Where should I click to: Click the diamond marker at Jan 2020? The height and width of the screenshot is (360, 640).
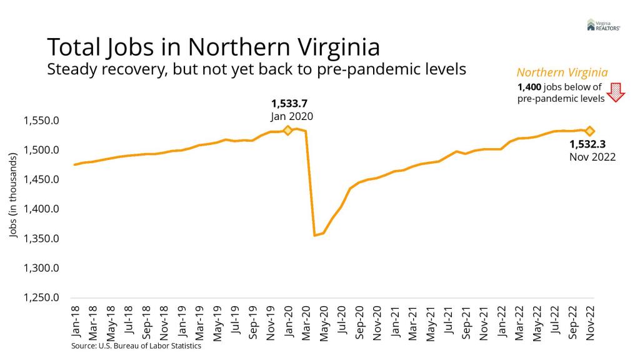pyautogui.click(x=287, y=131)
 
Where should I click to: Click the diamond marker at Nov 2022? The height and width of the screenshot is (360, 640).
pyautogui.click(x=589, y=131)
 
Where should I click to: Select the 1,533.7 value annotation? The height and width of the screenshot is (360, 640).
pyautogui.click(x=289, y=103)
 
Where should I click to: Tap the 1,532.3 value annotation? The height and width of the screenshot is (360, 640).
pyautogui.click(x=588, y=144)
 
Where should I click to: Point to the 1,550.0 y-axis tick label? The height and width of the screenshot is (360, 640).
pyautogui.click(x=42, y=121)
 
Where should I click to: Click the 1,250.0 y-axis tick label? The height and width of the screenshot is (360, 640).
pyautogui.click(x=42, y=298)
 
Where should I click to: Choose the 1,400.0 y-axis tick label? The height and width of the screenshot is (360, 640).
pyautogui.click(x=42, y=209)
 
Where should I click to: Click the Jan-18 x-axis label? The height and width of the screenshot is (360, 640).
pyautogui.click(x=76, y=322)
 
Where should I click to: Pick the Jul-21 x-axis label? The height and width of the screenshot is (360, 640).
pyautogui.click(x=447, y=322)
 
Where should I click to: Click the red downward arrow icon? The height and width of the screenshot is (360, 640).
pyautogui.click(x=617, y=92)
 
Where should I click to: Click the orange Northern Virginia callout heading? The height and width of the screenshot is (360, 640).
pyautogui.click(x=562, y=72)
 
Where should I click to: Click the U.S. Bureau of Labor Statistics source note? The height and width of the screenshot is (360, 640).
pyautogui.click(x=136, y=346)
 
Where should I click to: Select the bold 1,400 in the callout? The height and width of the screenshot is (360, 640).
pyautogui.click(x=529, y=87)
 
